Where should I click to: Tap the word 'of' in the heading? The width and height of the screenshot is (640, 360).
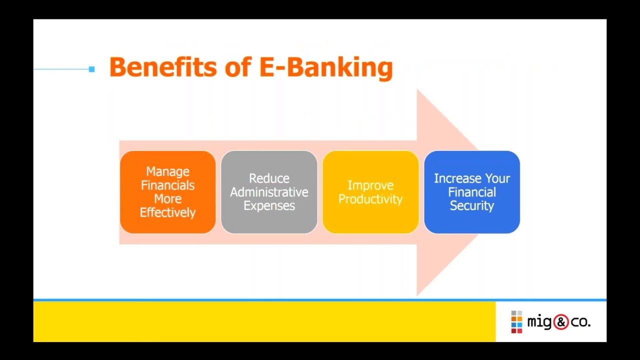point(237,67)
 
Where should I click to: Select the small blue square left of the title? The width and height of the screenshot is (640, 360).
point(91,69)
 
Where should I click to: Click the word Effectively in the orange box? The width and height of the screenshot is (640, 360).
point(167,212)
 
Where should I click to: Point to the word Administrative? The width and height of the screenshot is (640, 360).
point(269,192)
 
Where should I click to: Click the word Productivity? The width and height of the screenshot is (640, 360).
point(370,199)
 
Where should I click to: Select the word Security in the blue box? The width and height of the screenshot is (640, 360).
point(472,205)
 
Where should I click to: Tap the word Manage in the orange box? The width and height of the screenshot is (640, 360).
point(167,171)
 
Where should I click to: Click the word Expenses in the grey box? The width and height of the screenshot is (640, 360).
point(269,205)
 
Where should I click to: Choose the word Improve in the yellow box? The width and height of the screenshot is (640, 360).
point(370,185)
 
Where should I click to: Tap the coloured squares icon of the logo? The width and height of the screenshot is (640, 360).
point(516,322)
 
